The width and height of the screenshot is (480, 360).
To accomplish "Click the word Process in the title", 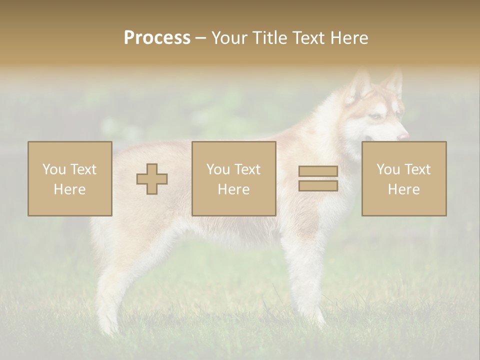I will click(157, 38).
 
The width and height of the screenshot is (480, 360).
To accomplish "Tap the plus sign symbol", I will click(152, 179).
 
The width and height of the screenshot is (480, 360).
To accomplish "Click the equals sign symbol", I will click(318, 178).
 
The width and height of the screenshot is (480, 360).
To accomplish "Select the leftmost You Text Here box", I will click(70, 178).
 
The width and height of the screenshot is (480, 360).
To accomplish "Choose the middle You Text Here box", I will click(233, 178).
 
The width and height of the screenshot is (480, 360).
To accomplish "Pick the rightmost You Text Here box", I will click(403, 178).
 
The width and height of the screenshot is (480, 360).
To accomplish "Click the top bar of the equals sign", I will click(318, 171).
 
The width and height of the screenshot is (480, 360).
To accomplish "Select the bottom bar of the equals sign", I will click(318, 185).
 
